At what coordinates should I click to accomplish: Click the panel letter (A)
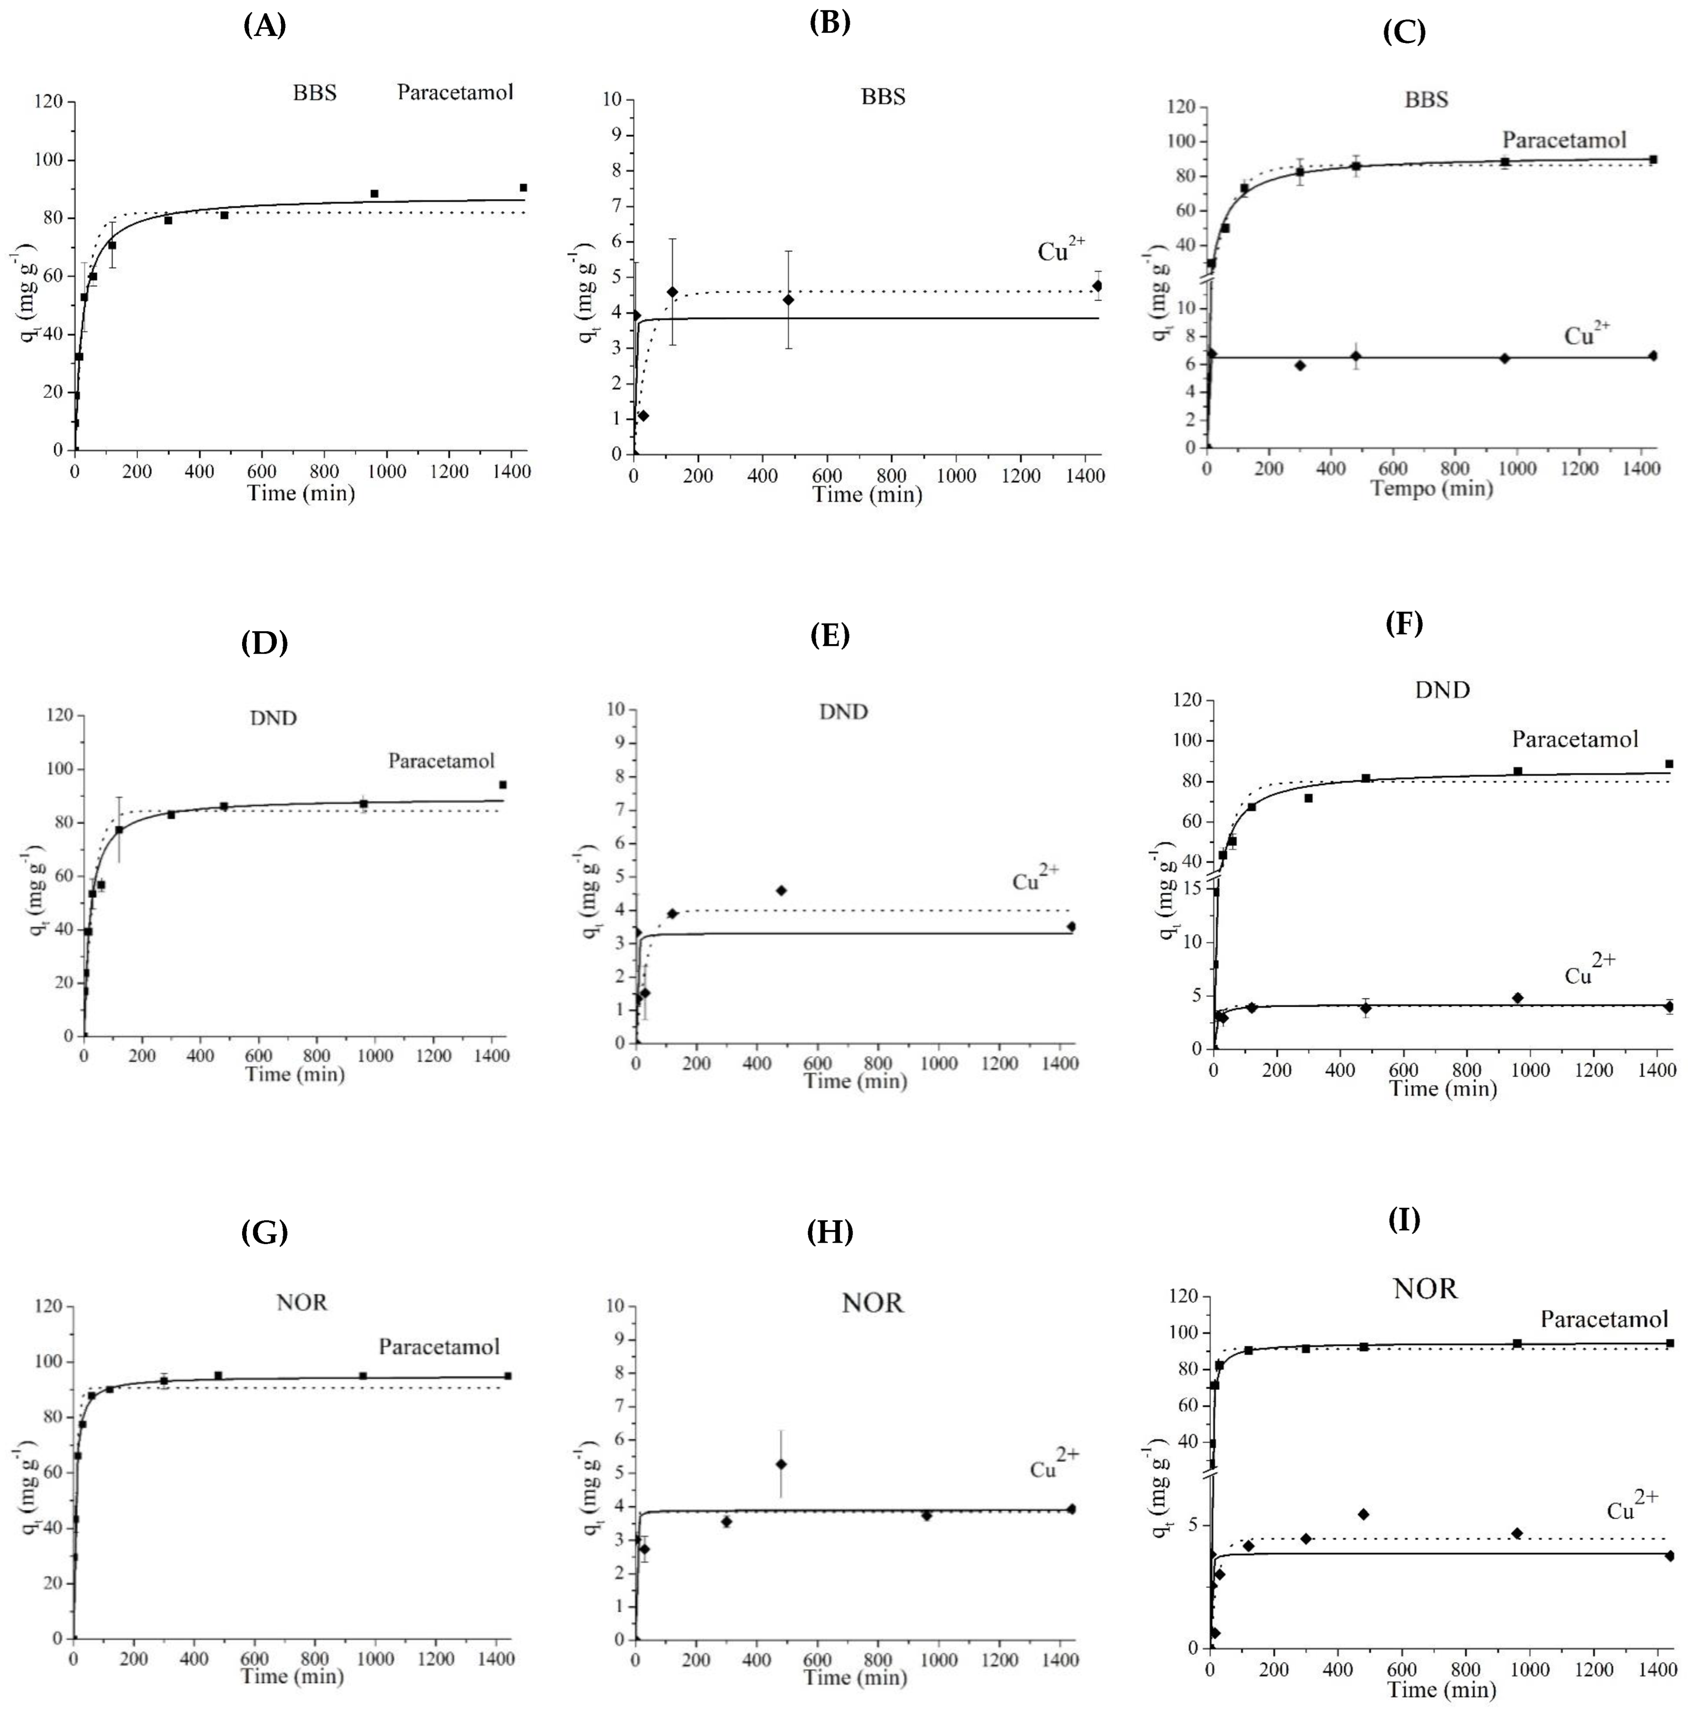[265, 26]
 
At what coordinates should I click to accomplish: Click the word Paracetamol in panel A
[455, 92]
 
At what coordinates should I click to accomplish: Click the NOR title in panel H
[872, 1303]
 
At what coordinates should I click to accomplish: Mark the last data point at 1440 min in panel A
[523, 187]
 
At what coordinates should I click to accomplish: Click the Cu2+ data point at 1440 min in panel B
[1097, 286]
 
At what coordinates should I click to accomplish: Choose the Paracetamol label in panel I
[1603, 1319]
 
